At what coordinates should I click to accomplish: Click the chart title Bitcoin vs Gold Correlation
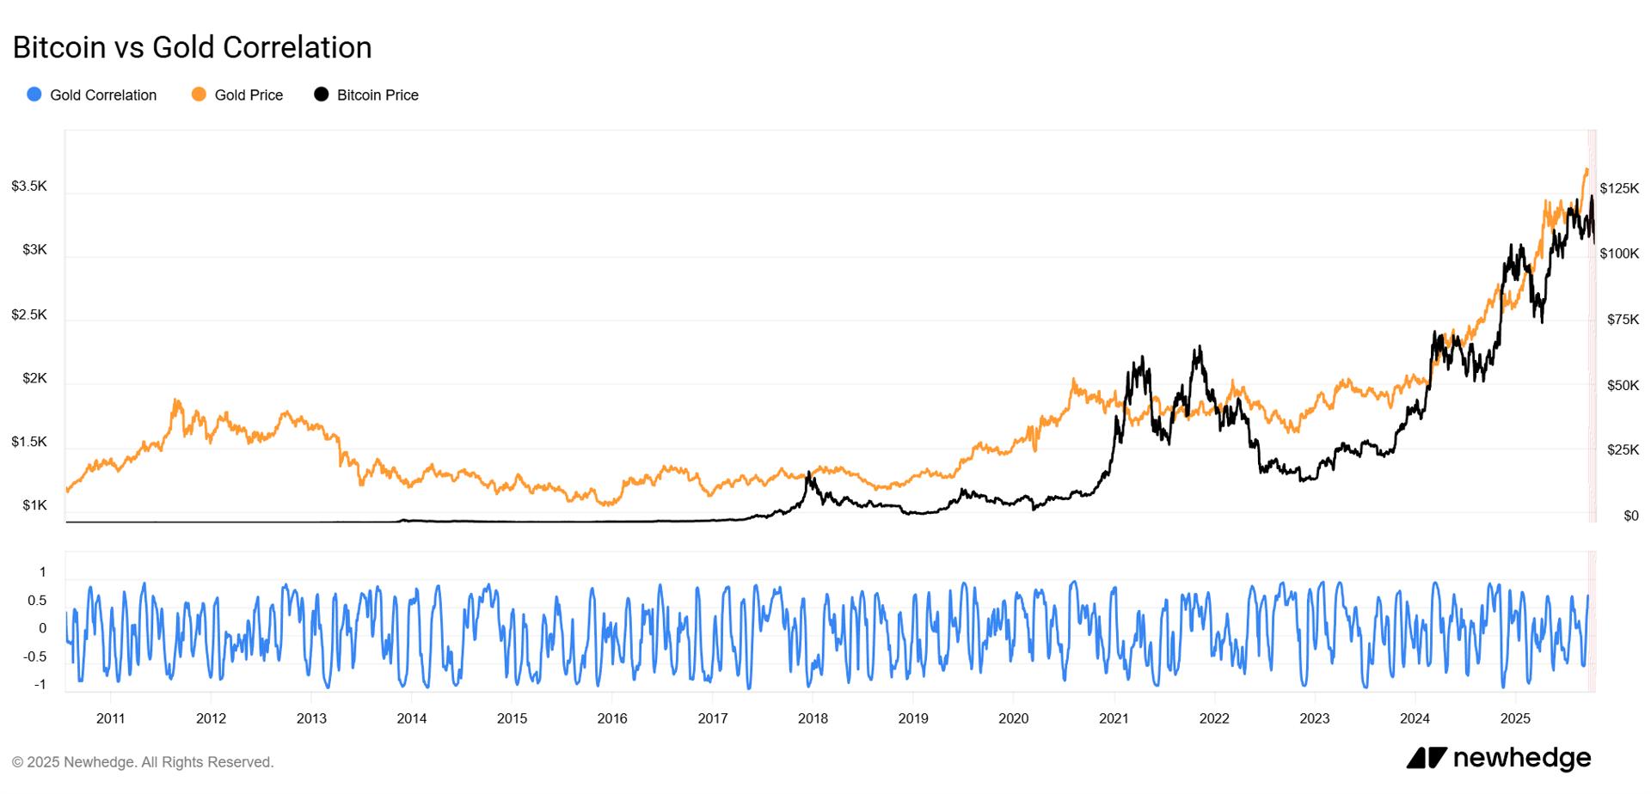pyautogui.click(x=192, y=47)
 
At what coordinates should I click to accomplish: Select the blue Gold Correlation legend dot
pyautogui.click(x=34, y=95)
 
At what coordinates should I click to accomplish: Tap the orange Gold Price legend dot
pyautogui.click(x=199, y=95)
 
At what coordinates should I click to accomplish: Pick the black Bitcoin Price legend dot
pyautogui.click(x=322, y=95)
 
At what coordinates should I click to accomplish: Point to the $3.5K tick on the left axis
pyautogui.click(x=29, y=186)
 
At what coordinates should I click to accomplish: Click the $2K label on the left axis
pyautogui.click(x=34, y=378)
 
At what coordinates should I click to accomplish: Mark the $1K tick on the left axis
pyautogui.click(x=34, y=505)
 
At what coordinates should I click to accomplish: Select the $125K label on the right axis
pyautogui.click(x=1619, y=188)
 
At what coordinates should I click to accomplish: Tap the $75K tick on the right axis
pyautogui.click(x=1623, y=320)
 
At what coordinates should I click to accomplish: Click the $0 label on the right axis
pyautogui.click(x=1630, y=516)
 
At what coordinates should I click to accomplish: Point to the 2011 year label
pyautogui.click(x=110, y=718)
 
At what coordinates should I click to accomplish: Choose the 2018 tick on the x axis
pyautogui.click(x=813, y=718)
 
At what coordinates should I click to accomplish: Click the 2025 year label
pyautogui.click(x=1515, y=718)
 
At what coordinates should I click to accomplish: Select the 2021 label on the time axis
pyautogui.click(x=1114, y=718)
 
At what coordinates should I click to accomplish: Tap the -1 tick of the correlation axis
pyautogui.click(x=40, y=685)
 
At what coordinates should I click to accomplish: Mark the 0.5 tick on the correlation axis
pyautogui.click(x=37, y=601)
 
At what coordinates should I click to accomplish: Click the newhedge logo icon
pyautogui.click(x=1427, y=758)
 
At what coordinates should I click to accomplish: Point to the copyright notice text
pyautogui.click(x=143, y=762)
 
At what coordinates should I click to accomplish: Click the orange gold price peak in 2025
pyautogui.click(x=1586, y=170)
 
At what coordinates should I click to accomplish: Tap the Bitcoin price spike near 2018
pyautogui.click(x=808, y=473)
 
